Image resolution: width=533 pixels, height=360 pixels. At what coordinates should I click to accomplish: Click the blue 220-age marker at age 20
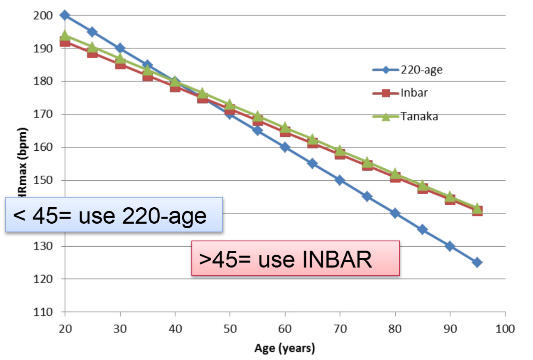64,16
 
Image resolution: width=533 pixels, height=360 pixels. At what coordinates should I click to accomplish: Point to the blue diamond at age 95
477,262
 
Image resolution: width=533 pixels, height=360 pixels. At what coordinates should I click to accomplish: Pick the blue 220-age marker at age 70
340,180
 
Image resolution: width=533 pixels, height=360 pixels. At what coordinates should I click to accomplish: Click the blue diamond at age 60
285,147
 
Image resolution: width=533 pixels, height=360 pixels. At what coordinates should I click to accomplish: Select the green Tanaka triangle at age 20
64,36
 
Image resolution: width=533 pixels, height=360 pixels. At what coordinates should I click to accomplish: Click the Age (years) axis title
285,349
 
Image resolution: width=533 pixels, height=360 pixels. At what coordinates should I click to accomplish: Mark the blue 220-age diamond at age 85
422,229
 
